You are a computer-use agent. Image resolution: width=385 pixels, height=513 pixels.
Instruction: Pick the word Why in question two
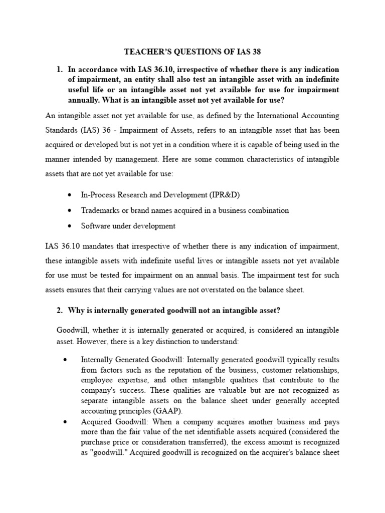coord(78,311)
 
